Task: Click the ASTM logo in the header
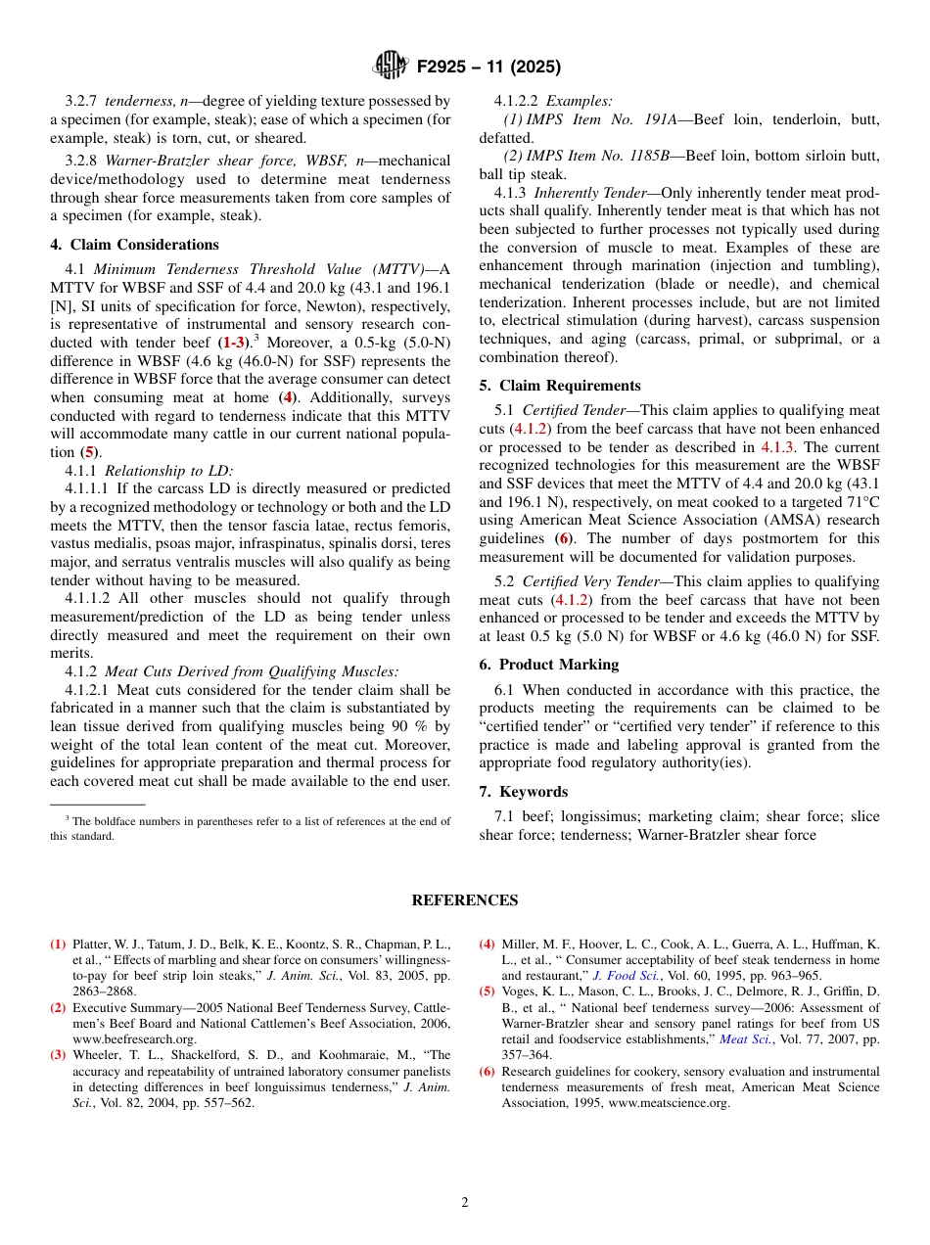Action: [x=392, y=66]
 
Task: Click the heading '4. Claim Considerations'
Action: [x=134, y=245]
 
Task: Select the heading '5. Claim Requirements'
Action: [x=560, y=386]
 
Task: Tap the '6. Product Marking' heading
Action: [x=548, y=665]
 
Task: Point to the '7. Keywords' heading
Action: [x=523, y=792]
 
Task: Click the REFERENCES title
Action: [x=465, y=900]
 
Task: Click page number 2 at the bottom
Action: [x=465, y=1202]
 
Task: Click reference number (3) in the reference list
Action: [x=59, y=1055]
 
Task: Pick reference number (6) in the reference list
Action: [x=487, y=1072]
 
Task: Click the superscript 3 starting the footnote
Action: [x=68, y=819]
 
